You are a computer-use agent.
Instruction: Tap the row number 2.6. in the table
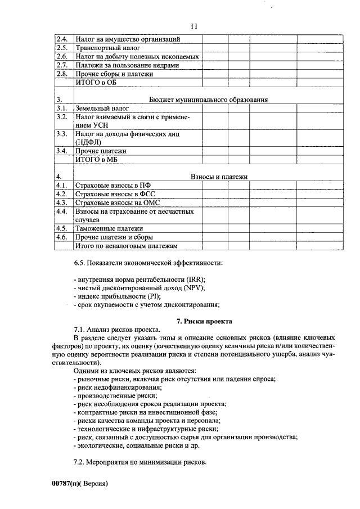tap(62, 57)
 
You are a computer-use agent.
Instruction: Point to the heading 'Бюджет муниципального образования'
tap(208, 99)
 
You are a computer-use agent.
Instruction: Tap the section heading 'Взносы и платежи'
tap(219, 177)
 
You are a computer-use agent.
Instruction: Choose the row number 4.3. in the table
tap(62, 202)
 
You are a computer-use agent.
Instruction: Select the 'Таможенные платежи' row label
tap(109, 229)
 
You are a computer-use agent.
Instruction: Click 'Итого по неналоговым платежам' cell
tap(127, 246)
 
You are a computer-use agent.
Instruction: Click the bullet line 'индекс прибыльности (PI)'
tap(118, 296)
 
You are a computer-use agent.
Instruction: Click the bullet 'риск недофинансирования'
tap(116, 388)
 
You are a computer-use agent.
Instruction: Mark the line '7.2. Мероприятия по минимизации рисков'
tap(140, 463)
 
